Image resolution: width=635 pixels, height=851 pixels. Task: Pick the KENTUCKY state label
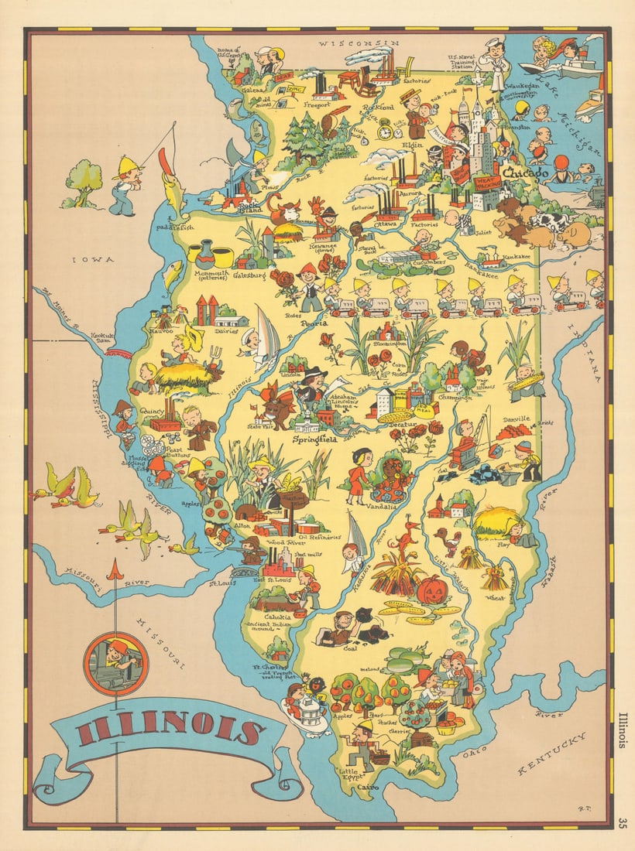tap(551, 754)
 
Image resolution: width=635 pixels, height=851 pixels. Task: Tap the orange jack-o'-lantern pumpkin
tap(433, 590)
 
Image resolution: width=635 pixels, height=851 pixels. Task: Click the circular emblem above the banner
tap(115, 663)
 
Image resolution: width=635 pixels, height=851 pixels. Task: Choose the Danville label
tap(514, 419)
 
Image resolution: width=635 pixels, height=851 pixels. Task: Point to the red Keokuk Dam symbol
tap(118, 354)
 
